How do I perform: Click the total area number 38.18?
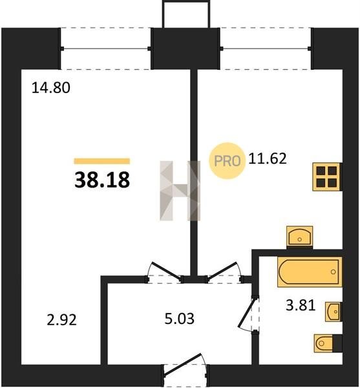pos(102,180)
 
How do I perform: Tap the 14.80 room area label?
pos(51,88)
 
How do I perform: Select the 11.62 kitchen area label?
pos(268,158)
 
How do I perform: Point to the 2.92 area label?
pos(62,319)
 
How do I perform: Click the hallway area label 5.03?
pos(180,318)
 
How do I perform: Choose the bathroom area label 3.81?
pos(301,305)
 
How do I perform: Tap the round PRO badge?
pos(228,161)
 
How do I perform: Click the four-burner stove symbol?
pos(327,177)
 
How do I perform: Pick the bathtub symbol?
pos(310,272)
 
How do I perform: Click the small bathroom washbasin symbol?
pos(333,312)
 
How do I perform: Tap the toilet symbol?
pos(324,343)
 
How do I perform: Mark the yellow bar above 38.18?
pos(102,161)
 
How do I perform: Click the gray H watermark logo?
pos(180,191)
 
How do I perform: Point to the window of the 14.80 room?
pos(105,48)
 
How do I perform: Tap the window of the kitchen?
pos(266,48)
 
